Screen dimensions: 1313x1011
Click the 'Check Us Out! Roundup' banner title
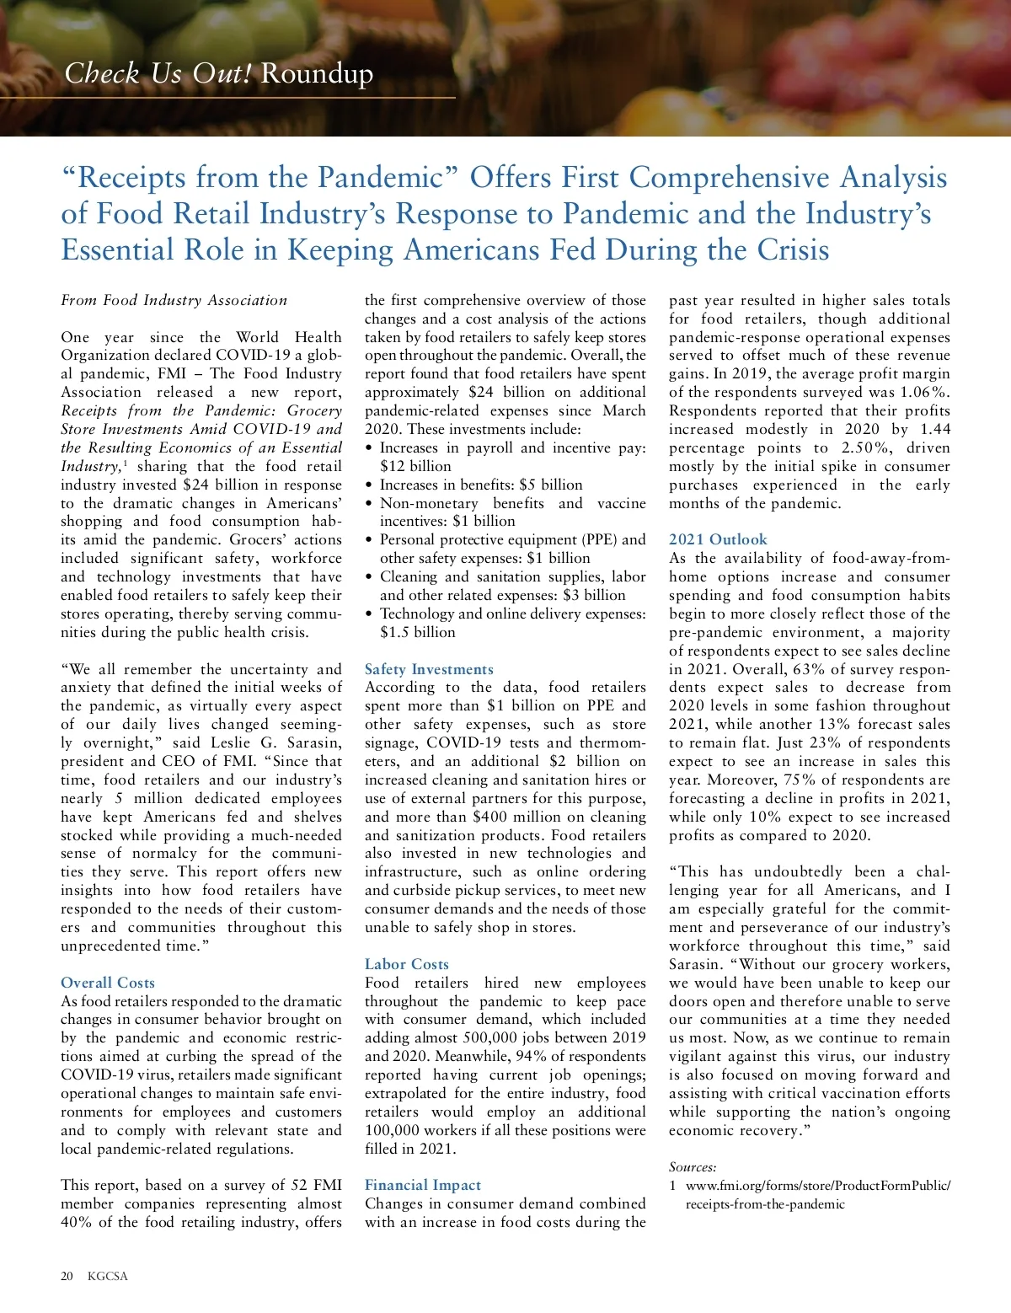coord(218,74)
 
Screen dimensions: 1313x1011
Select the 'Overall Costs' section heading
coord(108,983)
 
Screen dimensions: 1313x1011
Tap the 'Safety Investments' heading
coord(429,669)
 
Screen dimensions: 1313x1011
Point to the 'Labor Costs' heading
coord(407,964)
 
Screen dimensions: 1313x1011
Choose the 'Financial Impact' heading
coord(423,1186)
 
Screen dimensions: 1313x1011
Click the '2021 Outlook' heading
coord(718,539)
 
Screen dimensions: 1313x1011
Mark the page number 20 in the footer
coord(67,1276)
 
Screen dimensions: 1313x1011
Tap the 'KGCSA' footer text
coord(108,1276)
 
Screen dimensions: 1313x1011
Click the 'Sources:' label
coord(693,1167)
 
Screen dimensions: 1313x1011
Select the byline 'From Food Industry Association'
coord(174,301)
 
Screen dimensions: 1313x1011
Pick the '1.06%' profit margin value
coord(925,392)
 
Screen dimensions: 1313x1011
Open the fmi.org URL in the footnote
coord(817,1186)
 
